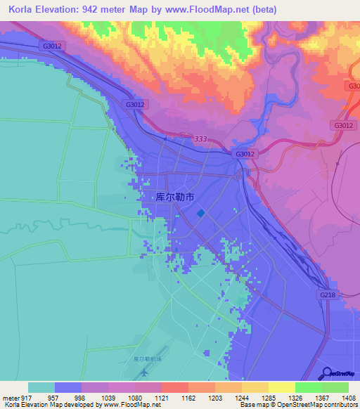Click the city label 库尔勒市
tap(174, 198)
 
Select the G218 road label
tap(328, 295)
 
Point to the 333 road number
tap(200, 140)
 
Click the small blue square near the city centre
tap(202, 213)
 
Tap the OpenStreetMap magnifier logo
tap(327, 372)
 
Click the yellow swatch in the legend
tap(281, 387)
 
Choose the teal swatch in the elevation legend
tap(41, 387)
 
